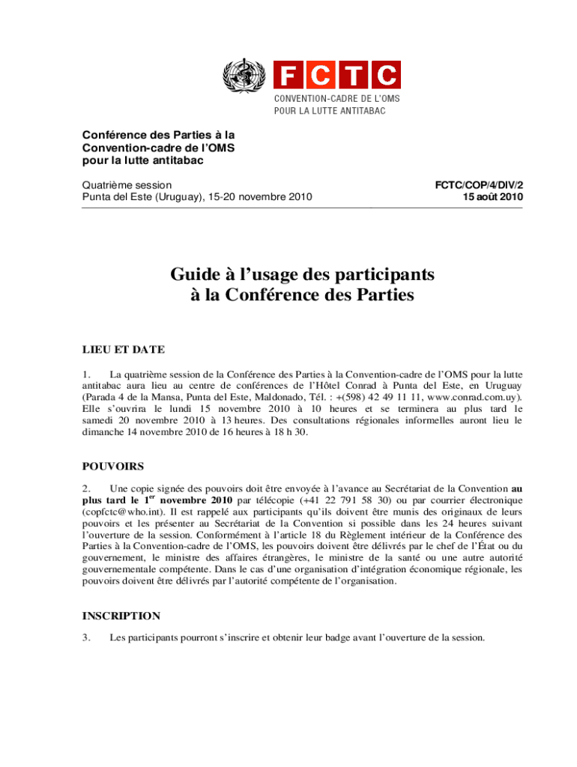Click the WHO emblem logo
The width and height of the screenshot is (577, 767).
244,76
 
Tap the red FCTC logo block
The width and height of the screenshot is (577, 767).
336,76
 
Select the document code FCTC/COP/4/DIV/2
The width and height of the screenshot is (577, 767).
478,184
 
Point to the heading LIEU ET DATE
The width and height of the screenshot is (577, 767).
123,349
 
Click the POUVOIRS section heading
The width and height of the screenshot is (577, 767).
112,466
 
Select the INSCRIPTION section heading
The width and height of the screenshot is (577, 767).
121,616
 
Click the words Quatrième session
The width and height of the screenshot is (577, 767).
127,184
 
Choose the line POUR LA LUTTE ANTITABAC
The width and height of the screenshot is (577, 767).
329,111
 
